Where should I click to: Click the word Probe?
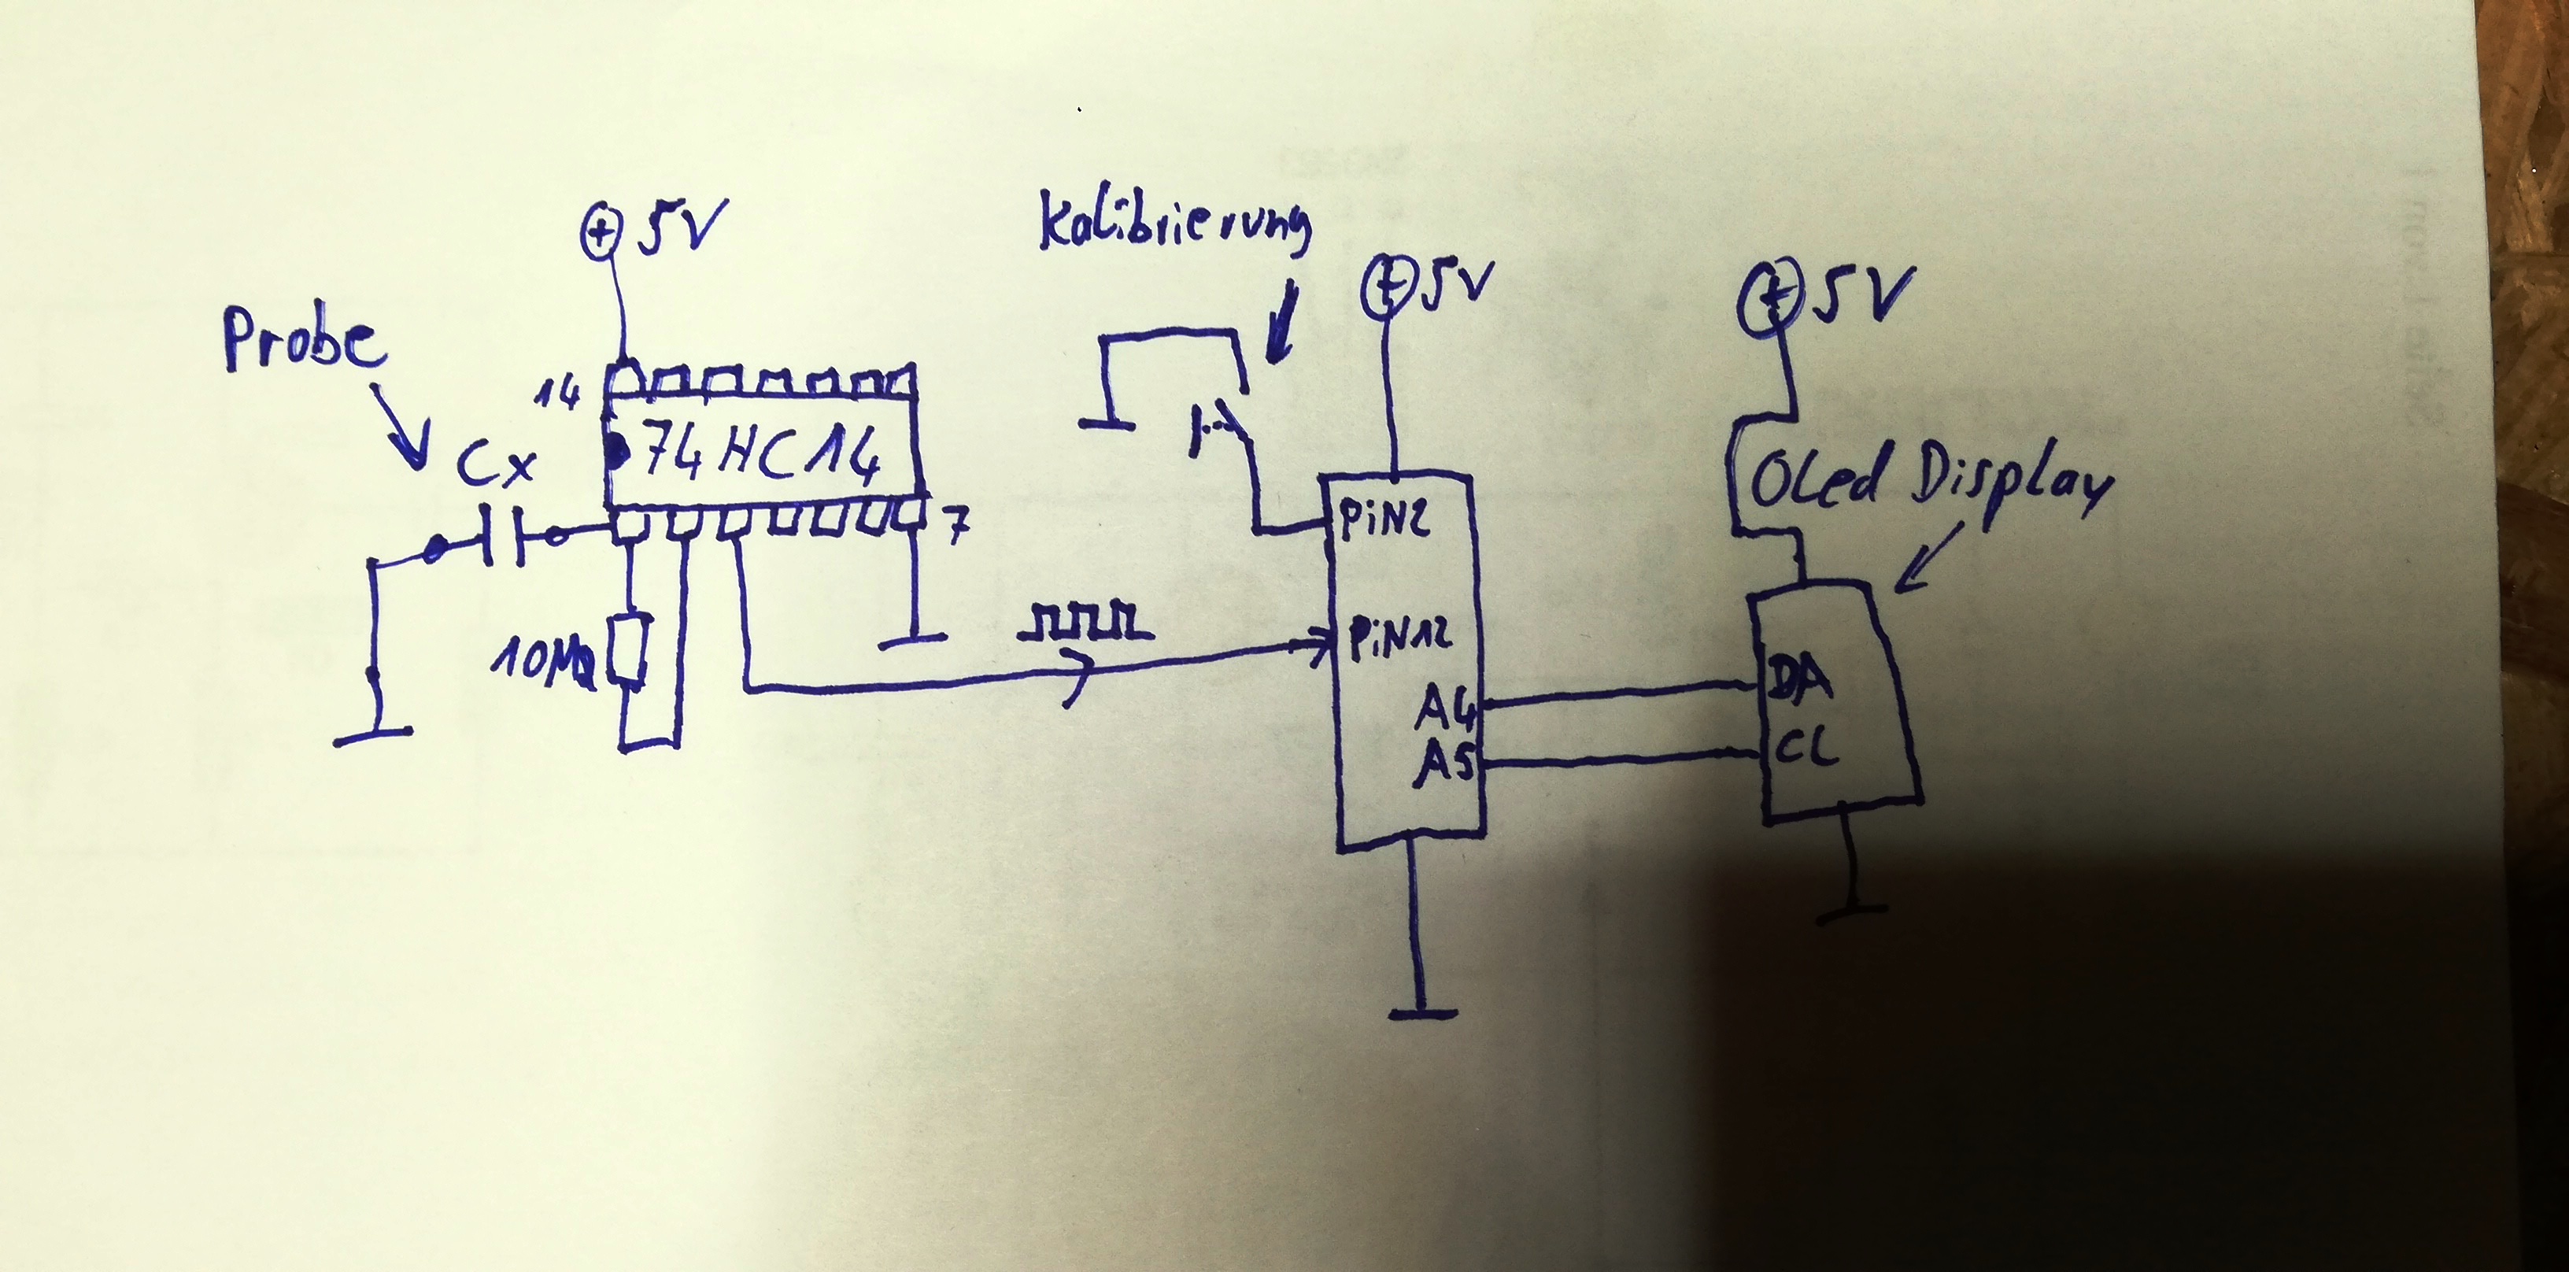(304, 341)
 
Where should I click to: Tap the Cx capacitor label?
(496, 465)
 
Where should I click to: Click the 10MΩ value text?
(541, 664)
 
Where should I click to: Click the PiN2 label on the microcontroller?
(1383, 520)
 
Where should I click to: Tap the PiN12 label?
(1399, 638)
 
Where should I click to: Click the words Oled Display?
(1930, 482)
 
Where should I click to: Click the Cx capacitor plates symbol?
(505, 538)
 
